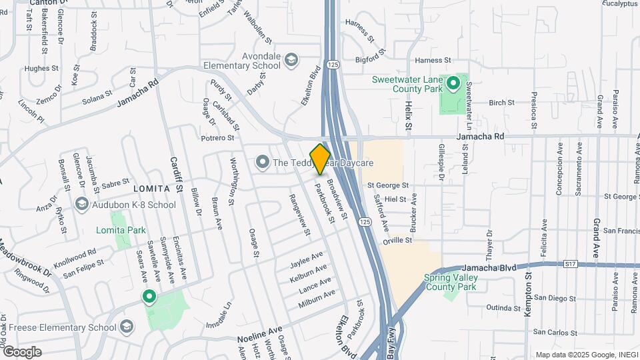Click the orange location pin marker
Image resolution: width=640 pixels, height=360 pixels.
pyautogui.click(x=320, y=158)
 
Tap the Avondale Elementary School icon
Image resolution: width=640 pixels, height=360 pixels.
pyautogui.click(x=291, y=61)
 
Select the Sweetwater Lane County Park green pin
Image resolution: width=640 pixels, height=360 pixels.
pyautogui.click(x=453, y=84)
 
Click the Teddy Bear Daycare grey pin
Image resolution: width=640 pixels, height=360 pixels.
pyautogui.click(x=263, y=162)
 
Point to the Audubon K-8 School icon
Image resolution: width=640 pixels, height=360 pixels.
pyautogui.click(x=81, y=204)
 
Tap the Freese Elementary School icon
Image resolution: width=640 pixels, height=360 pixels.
pyautogui.click(x=127, y=327)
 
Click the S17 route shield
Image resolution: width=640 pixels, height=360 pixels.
pyautogui.click(x=570, y=264)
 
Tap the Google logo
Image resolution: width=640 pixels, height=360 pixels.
pyautogui.click(x=22, y=351)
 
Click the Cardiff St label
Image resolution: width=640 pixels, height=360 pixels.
pyautogui.click(x=175, y=175)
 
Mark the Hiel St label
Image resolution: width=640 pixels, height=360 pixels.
pyautogui.click(x=395, y=199)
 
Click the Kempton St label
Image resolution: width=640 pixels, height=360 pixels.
pyautogui.click(x=528, y=293)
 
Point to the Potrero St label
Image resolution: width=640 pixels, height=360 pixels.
pyautogui.click(x=217, y=138)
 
